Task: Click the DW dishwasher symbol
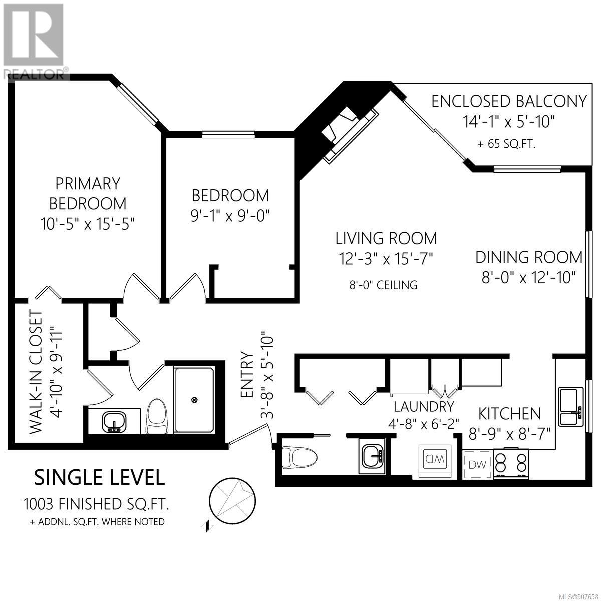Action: (x=477, y=465)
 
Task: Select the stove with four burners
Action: (x=511, y=463)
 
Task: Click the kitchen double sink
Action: (x=570, y=407)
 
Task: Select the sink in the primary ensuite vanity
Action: (x=114, y=422)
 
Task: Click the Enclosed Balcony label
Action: (x=509, y=102)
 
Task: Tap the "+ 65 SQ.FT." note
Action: (x=506, y=144)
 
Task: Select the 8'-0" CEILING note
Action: (x=383, y=285)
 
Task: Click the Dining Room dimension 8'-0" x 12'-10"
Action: (x=528, y=277)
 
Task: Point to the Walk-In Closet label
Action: (x=35, y=372)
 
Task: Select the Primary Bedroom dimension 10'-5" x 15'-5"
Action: (x=88, y=223)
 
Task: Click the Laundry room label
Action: (x=424, y=406)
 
